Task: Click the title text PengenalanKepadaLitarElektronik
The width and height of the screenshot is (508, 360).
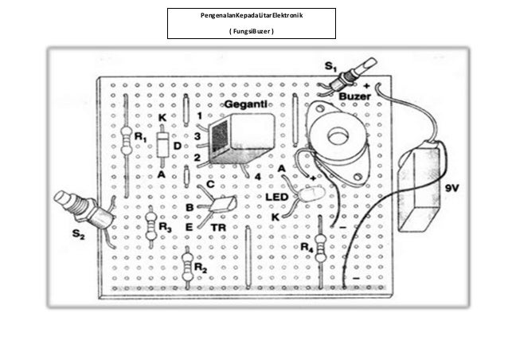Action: [251, 16]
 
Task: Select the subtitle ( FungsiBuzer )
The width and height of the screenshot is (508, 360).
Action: [251, 32]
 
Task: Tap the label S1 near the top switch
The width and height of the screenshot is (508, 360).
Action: [330, 63]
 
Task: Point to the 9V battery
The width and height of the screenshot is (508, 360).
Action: [424, 188]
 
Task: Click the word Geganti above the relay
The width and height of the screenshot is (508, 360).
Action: [245, 104]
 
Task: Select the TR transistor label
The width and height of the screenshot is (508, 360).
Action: [219, 227]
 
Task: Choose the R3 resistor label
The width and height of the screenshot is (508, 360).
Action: [164, 227]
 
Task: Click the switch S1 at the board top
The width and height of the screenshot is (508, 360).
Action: [352, 76]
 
